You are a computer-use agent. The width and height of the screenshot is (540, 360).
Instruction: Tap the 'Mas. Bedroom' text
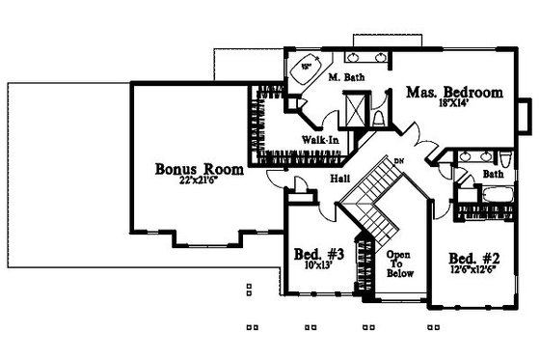[x=454, y=93]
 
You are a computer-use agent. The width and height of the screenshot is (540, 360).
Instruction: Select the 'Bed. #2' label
[x=474, y=258]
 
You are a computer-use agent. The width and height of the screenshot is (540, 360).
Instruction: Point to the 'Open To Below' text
[x=398, y=262]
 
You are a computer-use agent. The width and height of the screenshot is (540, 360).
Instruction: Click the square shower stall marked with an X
[x=356, y=107]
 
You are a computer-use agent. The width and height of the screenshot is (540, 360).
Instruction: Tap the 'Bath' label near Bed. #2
[x=492, y=175]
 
